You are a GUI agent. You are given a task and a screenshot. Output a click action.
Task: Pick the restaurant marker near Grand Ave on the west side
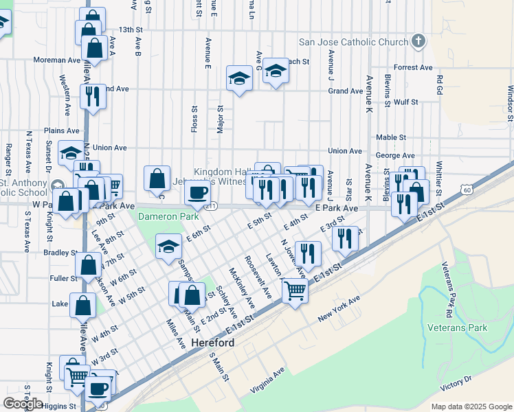[93, 96]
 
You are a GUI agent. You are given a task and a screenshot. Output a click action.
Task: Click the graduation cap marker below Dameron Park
[168, 247]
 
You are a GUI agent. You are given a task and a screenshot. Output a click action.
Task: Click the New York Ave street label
[339, 310]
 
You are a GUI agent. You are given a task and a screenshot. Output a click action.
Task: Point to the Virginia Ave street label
[267, 380]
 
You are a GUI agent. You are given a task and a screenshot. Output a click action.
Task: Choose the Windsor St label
[510, 103]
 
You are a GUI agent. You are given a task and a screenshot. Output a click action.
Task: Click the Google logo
[23, 403]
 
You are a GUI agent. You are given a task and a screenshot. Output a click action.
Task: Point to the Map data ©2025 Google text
[471, 407]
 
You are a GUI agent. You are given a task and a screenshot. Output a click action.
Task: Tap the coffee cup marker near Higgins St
[98, 389]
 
